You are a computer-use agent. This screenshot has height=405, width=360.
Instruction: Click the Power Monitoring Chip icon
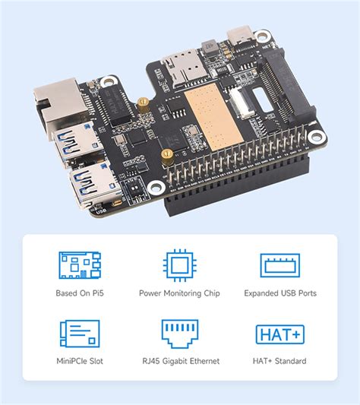coord(179,264)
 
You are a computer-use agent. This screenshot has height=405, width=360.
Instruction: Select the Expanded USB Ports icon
coord(280,264)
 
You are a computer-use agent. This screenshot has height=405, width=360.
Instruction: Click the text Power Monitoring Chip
coord(179,293)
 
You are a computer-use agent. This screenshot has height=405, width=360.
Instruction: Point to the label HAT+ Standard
coord(280,360)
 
